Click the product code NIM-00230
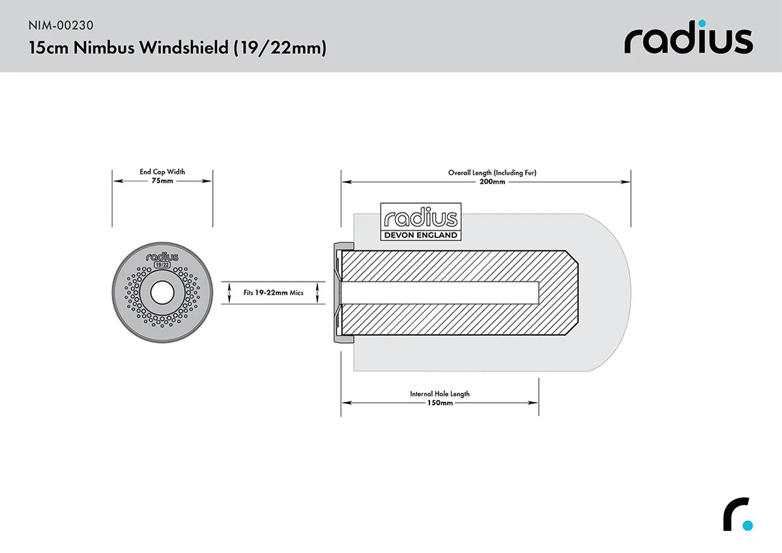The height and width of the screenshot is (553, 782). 61,25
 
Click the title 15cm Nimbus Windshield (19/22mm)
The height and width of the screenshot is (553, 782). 177,48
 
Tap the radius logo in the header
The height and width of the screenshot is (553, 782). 688,40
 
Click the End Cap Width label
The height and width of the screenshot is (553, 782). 162,172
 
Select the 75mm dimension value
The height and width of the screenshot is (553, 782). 162,181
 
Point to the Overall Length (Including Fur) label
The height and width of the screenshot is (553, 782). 492,173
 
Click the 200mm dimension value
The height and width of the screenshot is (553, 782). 492,182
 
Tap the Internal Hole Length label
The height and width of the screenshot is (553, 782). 440,393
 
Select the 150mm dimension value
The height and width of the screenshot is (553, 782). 440,403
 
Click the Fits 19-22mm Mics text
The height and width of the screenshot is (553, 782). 274,293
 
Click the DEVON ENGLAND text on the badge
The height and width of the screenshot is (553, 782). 420,235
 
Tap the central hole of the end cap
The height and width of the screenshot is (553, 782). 162,293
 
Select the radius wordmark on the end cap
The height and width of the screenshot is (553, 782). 162,257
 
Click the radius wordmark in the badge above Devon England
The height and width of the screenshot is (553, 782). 420,218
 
